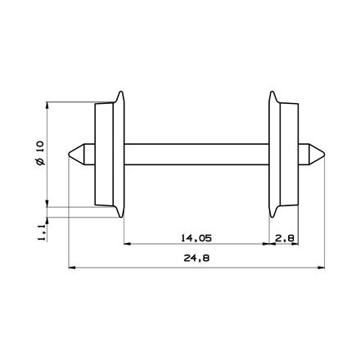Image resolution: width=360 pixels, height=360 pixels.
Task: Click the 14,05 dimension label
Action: click(x=195, y=238)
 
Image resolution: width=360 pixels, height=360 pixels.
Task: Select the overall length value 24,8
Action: click(x=195, y=259)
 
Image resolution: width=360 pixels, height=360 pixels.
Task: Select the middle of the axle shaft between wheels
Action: click(x=196, y=154)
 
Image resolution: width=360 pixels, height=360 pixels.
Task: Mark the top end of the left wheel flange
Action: click(x=123, y=92)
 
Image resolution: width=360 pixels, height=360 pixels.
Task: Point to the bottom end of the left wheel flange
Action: click(x=123, y=217)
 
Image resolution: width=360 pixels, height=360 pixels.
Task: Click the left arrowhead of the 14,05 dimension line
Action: click(x=126, y=245)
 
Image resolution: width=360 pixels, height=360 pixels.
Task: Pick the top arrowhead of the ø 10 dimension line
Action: click(x=49, y=105)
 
